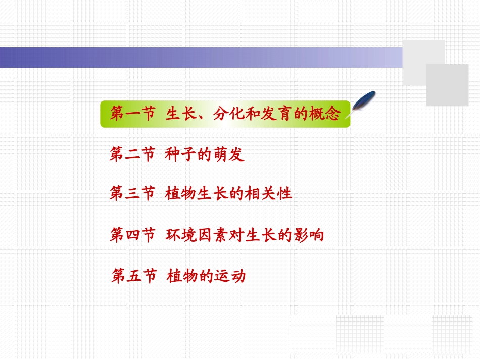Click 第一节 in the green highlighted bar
tap(132, 114)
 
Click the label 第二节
tap(132, 155)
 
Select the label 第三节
tap(132, 194)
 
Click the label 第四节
tap(132, 235)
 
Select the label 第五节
tap(133, 276)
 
